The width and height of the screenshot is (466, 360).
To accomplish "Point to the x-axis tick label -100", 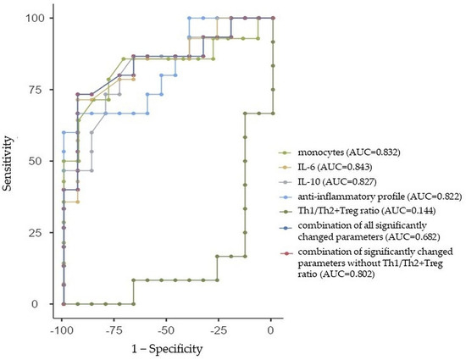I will tap(61, 327).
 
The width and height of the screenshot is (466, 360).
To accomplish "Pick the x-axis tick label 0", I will tap(271, 327).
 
